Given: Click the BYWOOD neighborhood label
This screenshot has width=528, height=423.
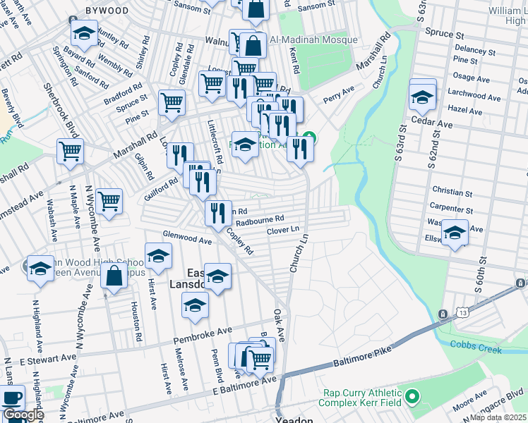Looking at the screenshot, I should pyautogui.click(x=107, y=11).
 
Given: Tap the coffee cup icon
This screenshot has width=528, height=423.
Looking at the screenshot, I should pyautogui.click(x=12, y=397).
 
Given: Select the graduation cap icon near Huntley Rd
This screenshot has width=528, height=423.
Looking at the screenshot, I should pyautogui.click(x=83, y=32).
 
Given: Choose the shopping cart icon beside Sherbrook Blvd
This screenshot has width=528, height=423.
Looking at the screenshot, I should pyautogui.click(x=70, y=150).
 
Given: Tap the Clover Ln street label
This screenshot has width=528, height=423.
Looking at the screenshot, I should pyautogui.click(x=283, y=231).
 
